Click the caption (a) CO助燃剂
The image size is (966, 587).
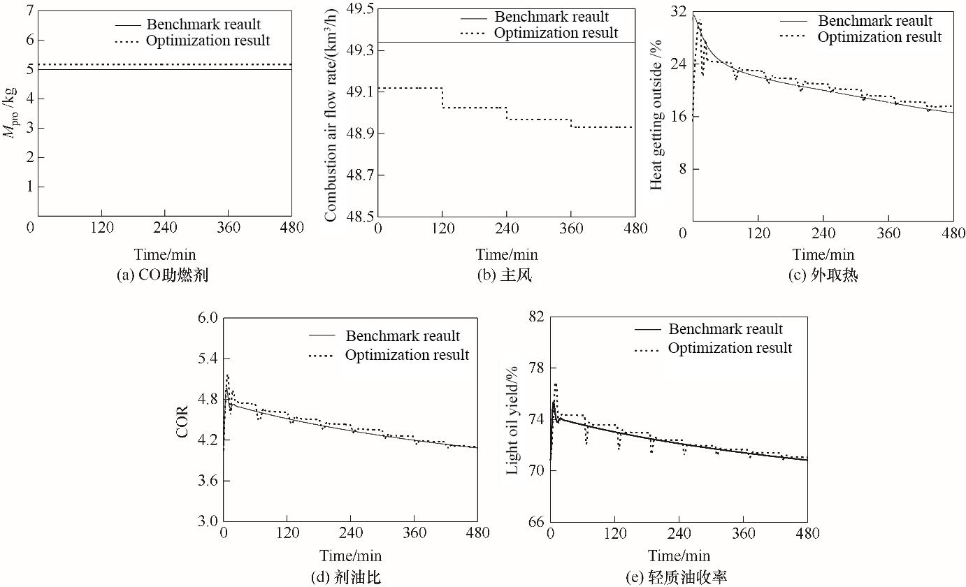point(163,275)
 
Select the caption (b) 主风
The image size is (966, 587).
point(504,275)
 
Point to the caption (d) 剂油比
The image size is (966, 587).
point(351,577)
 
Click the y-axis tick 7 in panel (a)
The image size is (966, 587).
point(29,10)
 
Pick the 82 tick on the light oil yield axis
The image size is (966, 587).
point(537,317)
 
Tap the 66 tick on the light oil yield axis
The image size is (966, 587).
point(537,521)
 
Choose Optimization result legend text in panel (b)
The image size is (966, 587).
point(556,33)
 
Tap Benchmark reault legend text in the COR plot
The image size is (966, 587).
point(403,336)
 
